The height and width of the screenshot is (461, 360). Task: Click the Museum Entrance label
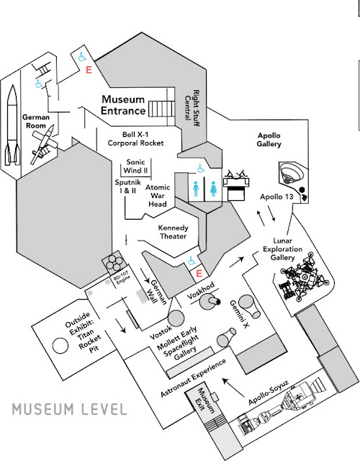(123, 105)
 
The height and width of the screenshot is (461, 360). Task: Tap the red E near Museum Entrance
(89, 70)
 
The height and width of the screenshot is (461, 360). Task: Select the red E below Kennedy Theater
(199, 274)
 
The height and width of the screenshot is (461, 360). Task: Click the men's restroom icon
(196, 189)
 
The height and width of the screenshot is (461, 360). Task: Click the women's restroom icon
(213, 189)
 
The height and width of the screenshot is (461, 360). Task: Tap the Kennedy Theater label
(173, 232)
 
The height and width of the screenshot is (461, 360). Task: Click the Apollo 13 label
(276, 197)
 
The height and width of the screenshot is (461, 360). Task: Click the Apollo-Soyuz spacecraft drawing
(282, 406)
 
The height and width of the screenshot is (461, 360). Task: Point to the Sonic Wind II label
(135, 166)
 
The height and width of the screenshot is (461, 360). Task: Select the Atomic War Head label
(158, 195)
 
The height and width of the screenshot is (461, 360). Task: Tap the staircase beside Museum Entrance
(161, 109)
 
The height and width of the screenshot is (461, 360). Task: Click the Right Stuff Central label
(192, 107)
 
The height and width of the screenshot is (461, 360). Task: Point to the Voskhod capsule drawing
(210, 302)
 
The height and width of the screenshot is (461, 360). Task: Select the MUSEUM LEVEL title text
(69, 409)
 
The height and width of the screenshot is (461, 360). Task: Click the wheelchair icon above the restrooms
(201, 169)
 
